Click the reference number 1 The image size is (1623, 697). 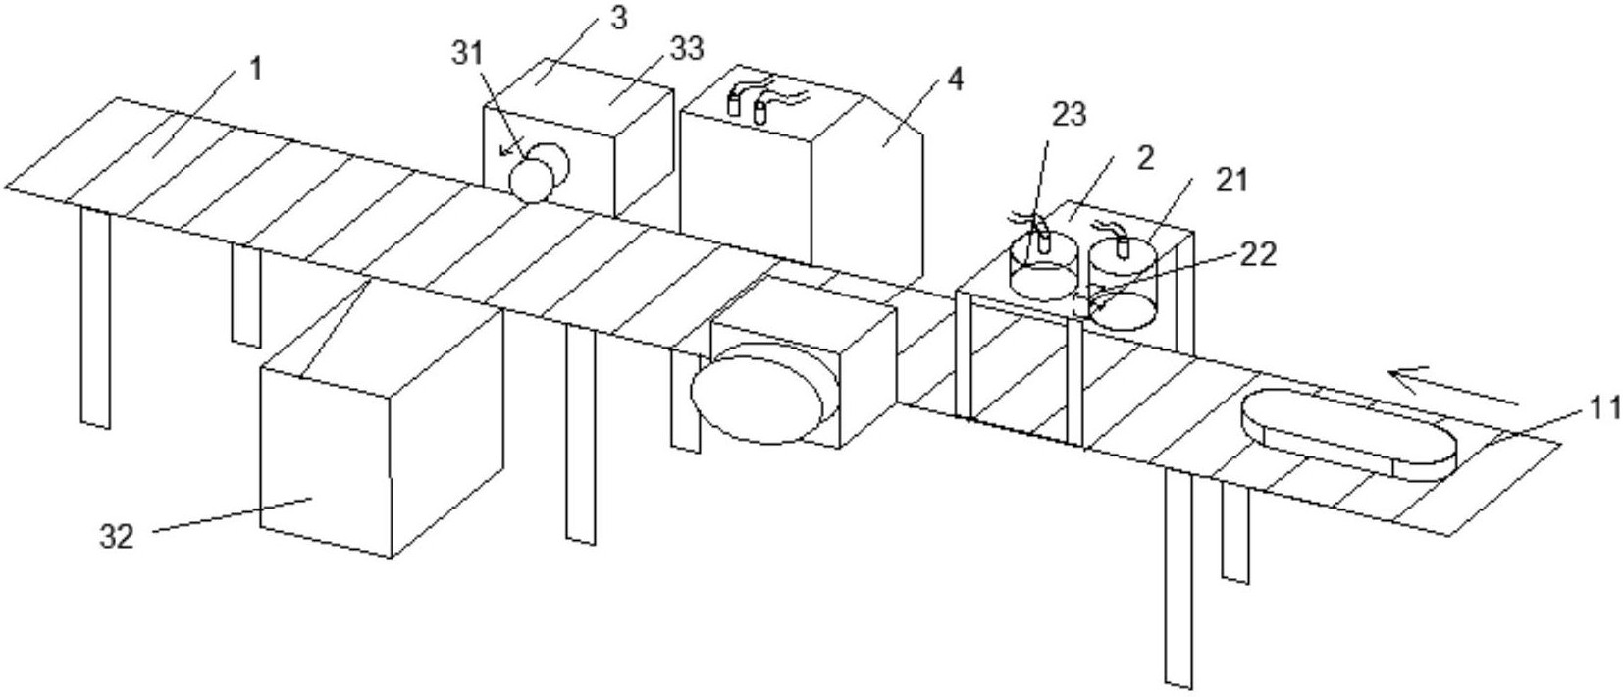tap(255, 70)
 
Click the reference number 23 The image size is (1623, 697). tap(1069, 114)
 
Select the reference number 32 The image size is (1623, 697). tap(117, 536)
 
